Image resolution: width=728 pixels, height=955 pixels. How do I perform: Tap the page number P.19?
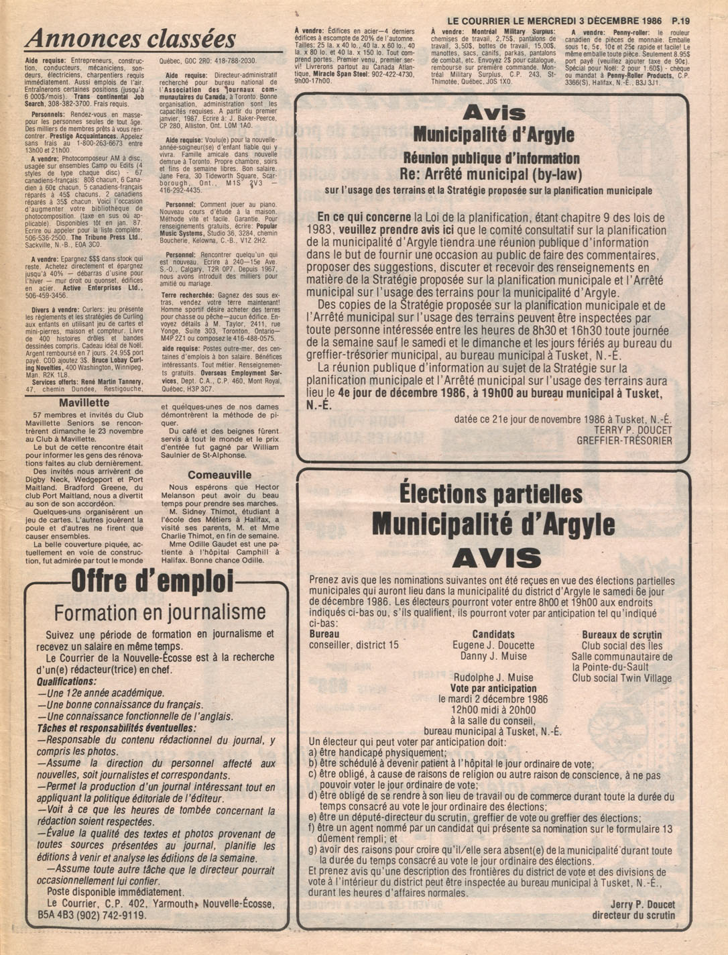pos(679,21)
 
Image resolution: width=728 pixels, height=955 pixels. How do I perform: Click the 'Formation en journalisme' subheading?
pos(160,612)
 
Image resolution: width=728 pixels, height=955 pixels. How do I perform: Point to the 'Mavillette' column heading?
pos(84,403)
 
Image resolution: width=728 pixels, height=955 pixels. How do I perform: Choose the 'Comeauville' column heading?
pos(219,475)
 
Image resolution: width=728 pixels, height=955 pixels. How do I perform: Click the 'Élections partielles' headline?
pos(491,494)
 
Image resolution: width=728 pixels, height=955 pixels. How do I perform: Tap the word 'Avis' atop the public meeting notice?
pos(493,112)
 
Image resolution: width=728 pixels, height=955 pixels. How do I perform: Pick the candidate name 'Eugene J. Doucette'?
pos(493,645)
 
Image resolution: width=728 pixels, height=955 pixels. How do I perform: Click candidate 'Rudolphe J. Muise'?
pos(493,677)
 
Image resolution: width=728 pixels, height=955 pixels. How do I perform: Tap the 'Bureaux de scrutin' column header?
pos(621,634)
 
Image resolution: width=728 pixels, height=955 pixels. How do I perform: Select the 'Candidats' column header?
pos(493,634)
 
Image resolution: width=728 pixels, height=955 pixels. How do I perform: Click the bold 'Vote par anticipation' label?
pos(493,688)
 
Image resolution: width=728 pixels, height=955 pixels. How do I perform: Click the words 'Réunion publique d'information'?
pos(491,159)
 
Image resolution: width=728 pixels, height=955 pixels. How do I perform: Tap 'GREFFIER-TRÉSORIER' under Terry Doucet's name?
pos(624,441)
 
